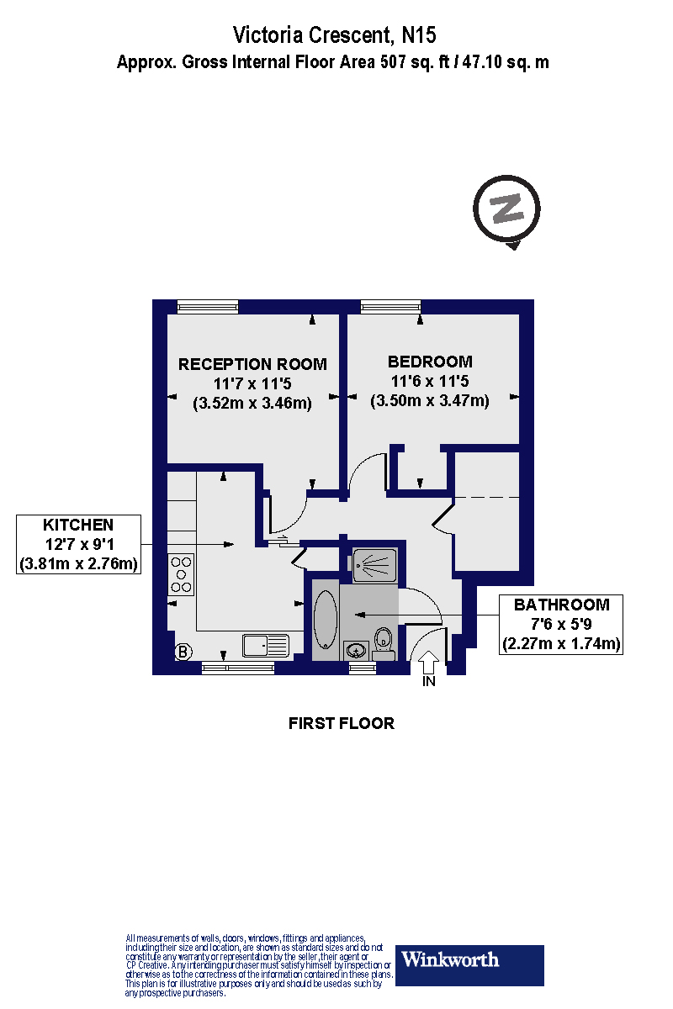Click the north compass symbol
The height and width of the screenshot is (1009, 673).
506,212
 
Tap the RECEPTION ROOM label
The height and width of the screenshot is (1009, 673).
252,364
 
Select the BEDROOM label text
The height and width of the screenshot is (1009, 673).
430,362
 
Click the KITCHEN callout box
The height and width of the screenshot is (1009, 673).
78,544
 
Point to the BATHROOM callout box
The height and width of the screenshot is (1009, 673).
561,624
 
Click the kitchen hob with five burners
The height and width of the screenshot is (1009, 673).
181,574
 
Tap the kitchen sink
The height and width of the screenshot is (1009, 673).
266,646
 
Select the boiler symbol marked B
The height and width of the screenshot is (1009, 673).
183,652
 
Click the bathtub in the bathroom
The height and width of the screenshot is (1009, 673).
326,620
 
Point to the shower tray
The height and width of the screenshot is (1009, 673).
374,565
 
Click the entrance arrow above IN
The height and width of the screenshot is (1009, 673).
428,663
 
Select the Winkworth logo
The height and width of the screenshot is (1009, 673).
469,962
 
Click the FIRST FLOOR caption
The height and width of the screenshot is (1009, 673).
342,723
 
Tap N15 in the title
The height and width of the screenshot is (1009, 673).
419,35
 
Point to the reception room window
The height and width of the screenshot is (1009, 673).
207,307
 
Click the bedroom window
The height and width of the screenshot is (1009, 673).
391,307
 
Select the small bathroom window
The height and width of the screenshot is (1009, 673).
363,668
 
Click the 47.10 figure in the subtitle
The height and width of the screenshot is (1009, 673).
482,61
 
